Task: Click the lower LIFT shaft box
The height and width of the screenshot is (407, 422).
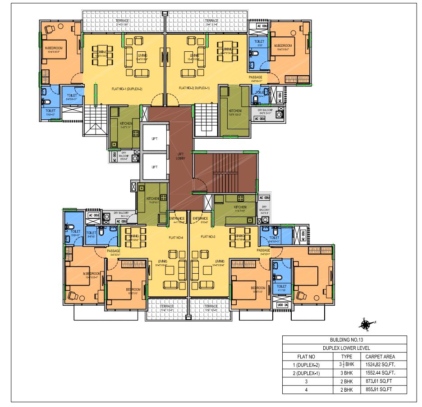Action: click(x=154, y=167)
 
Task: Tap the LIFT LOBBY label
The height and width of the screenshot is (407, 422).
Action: click(x=180, y=156)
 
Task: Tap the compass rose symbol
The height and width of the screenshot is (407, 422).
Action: click(x=365, y=322)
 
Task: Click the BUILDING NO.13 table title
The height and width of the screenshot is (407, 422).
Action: click(x=344, y=340)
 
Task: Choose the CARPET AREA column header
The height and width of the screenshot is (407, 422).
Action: click(x=383, y=356)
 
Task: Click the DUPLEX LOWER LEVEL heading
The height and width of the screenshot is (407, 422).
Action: click(x=344, y=348)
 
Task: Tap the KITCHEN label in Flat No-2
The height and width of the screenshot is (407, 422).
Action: click(x=234, y=111)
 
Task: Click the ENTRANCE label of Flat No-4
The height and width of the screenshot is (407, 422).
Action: click(x=177, y=219)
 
